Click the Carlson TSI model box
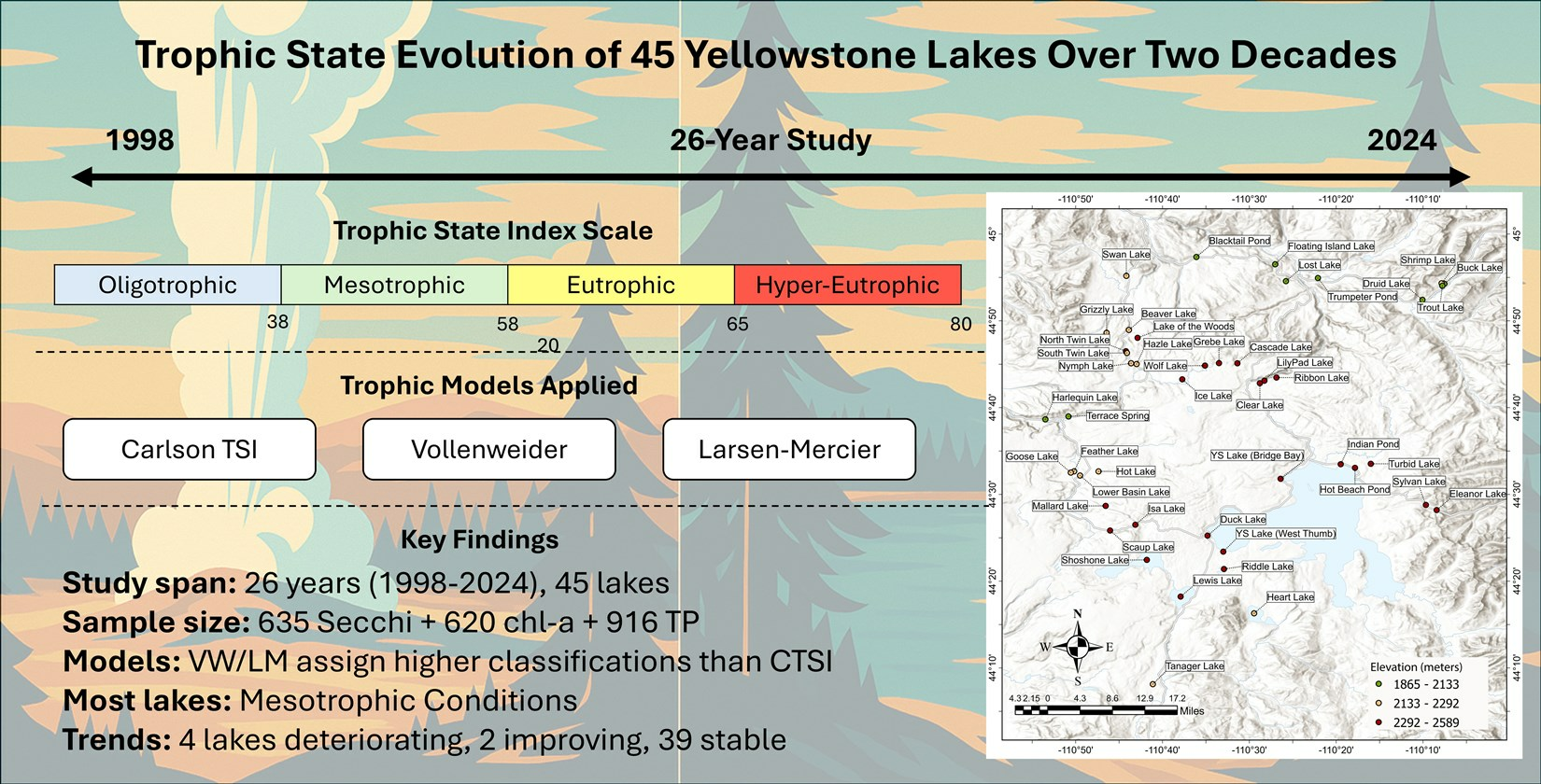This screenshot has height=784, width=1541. pyautogui.click(x=190, y=449)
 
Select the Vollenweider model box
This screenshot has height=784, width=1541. pyautogui.click(x=489, y=449)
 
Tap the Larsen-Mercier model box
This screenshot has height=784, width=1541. pyautogui.click(x=789, y=449)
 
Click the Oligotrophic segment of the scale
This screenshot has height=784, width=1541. pyautogui.click(x=168, y=285)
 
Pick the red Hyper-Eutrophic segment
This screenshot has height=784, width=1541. pyautogui.click(x=848, y=285)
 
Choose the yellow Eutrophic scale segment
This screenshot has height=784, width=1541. pyautogui.click(x=621, y=285)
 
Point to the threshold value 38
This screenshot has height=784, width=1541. pyautogui.click(x=278, y=322)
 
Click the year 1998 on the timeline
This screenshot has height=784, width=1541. pyautogui.click(x=140, y=140)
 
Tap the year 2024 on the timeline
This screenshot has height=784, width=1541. pyautogui.click(x=1402, y=140)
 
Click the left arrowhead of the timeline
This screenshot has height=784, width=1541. pyautogui.click(x=82, y=177)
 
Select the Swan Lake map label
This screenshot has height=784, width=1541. pyautogui.click(x=1126, y=255)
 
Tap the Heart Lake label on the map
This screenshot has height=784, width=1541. pyautogui.click(x=1291, y=597)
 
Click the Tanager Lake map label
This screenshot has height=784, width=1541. pyautogui.click(x=1195, y=665)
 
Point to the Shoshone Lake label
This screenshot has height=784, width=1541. pyautogui.click(x=1096, y=561)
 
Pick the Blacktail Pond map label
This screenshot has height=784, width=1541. pyautogui.click(x=1239, y=241)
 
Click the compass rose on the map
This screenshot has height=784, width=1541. pyautogui.click(x=1078, y=647)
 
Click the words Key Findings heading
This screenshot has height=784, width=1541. pyautogui.click(x=479, y=539)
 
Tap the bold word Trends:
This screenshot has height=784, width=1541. pyautogui.click(x=117, y=740)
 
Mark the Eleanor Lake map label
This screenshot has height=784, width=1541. pyautogui.click(x=1477, y=494)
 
